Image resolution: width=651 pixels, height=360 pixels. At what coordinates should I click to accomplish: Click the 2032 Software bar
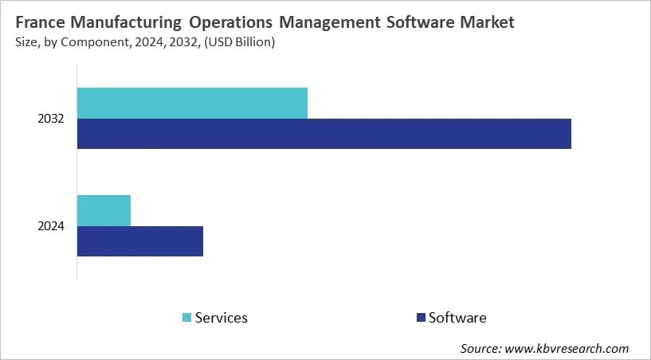(x=324, y=134)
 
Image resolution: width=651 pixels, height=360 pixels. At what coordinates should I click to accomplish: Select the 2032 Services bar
(x=192, y=104)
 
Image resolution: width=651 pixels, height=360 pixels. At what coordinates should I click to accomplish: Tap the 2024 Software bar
(x=140, y=241)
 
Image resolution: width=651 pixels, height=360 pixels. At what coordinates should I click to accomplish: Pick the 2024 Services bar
(x=104, y=210)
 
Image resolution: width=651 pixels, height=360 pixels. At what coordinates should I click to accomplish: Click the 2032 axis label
(x=50, y=119)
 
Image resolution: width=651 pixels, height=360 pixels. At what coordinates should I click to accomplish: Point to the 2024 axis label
(x=50, y=227)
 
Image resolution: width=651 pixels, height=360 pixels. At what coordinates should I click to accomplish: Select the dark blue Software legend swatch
(x=420, y=318)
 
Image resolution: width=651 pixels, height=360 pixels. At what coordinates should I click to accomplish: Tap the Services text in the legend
(x=222, y=318)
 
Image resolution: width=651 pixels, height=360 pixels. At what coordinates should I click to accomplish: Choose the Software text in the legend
(x=457, y=318)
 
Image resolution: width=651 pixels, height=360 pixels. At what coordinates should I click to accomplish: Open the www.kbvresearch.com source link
(x=567, y=348)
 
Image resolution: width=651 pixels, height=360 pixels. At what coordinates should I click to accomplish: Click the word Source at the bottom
(x=480, y=348)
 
